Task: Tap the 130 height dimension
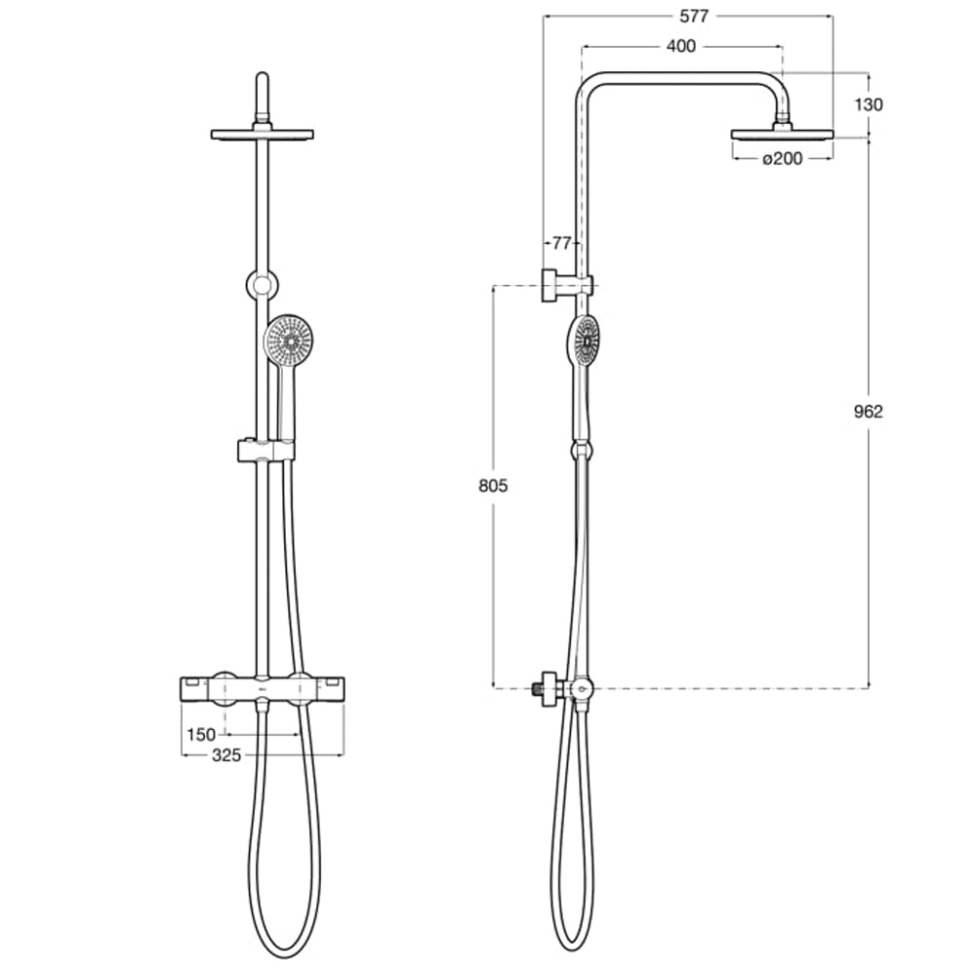pos(867,104)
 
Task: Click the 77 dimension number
pos(561,242)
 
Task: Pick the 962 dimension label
pos(867,411)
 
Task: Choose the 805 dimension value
pos(494,486)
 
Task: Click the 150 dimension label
pos(201,734)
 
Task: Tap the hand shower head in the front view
pos(289,341)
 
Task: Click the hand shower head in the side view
pos(584,342)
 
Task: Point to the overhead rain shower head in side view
pos(782,134)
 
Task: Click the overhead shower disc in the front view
pos(262,134)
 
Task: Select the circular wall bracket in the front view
pos(262,284)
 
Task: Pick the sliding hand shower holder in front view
pos(264,450)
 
